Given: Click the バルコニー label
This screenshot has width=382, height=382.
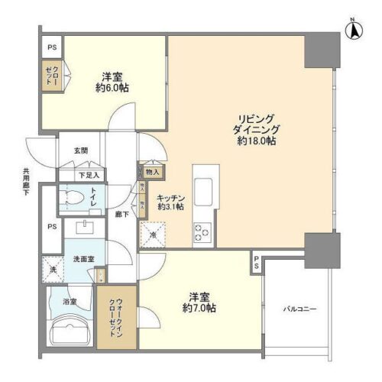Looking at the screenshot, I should [300, 309].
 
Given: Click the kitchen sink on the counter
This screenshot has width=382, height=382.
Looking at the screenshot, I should [204, 188].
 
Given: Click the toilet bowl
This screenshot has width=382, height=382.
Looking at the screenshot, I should [73, 199].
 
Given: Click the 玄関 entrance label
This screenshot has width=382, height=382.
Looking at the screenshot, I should [82, 151].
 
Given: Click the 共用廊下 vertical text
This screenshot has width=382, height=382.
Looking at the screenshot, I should [25, 183].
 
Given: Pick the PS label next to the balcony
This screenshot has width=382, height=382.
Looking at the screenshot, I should [257, 263].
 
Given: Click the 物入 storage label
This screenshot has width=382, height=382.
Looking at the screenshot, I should [153, 172].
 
